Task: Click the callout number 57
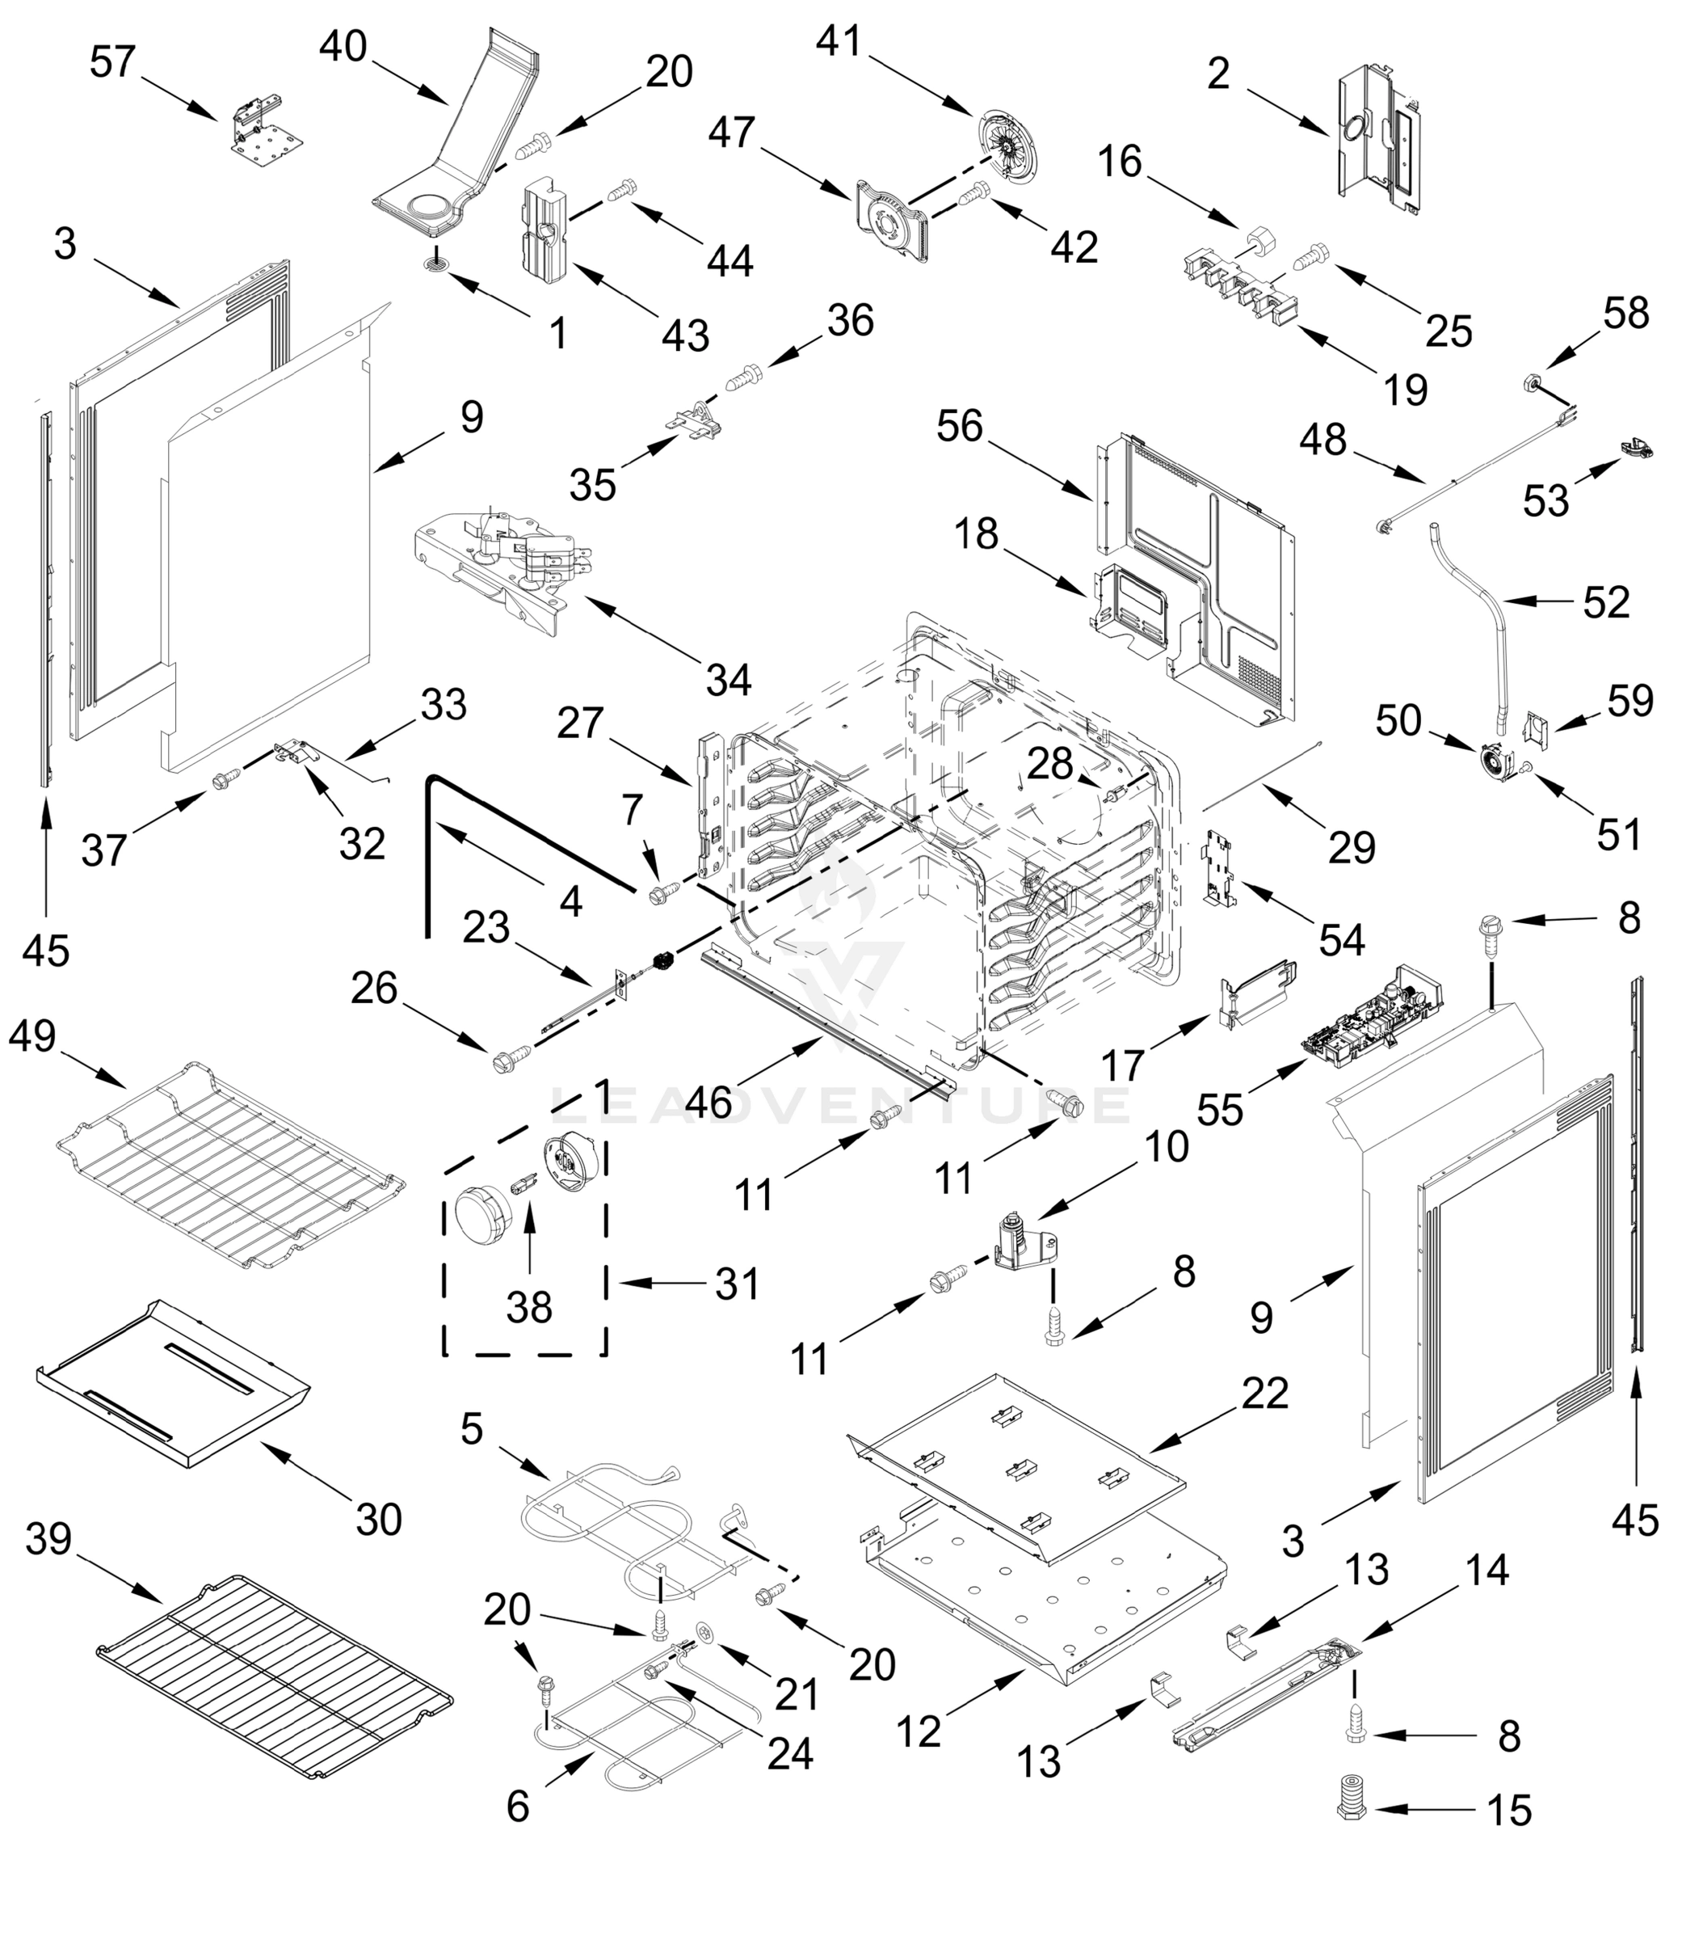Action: point(112,63)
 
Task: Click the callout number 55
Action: point(1220,1110)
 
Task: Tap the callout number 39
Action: point(48,1539)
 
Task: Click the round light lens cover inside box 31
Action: point(480,1212)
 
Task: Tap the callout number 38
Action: point(528,1306)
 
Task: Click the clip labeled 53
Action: point(1635,448)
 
